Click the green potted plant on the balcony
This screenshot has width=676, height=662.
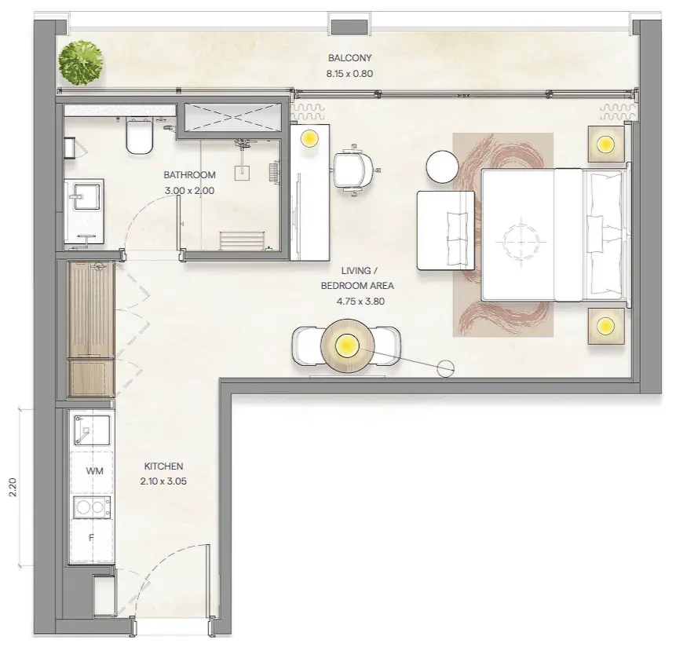pyautogui.click(x=81, y=63)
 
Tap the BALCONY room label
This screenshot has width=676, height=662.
pyautogui.click(x=349, y=58)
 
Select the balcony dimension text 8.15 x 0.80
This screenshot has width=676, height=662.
pyautogui.click(x=349, y=73)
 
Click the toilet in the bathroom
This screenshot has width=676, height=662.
pyautogui.click(x=139, y=137)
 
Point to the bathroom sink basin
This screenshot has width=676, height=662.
pyautogui.click(x=86, y=196)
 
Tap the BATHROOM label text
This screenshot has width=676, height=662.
pyautogui.click(x=189, y=174)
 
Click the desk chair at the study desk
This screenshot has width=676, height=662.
pyautogui.click(x=354, y=170)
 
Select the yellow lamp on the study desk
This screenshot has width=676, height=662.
pyautogui.click(x=309, y=138)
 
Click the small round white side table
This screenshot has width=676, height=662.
pyautogui.click(x=442, y=166)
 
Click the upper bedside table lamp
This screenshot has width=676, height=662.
pyautogui.click(x=605, y=144)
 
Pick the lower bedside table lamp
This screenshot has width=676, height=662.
pyautogui.click(x=605, y=326)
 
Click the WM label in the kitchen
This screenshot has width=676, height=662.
pyautogui.click(x=94, y=471)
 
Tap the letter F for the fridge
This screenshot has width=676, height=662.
pyautogui.click(x=91, y=538)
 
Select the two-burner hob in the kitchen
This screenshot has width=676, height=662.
pyautogui.click(x=92, y=507)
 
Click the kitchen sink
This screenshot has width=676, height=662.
pyautogui.click(x=91, y=430)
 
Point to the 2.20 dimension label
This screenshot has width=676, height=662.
pyautogui.click(x=13, y=488)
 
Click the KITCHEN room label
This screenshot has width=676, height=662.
pyautogui.click(x=163, y=466)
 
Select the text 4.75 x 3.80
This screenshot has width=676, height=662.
pyautogui.click(x=360, y=301)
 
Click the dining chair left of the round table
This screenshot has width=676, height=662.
pyautogui.click(x=307, y=346)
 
